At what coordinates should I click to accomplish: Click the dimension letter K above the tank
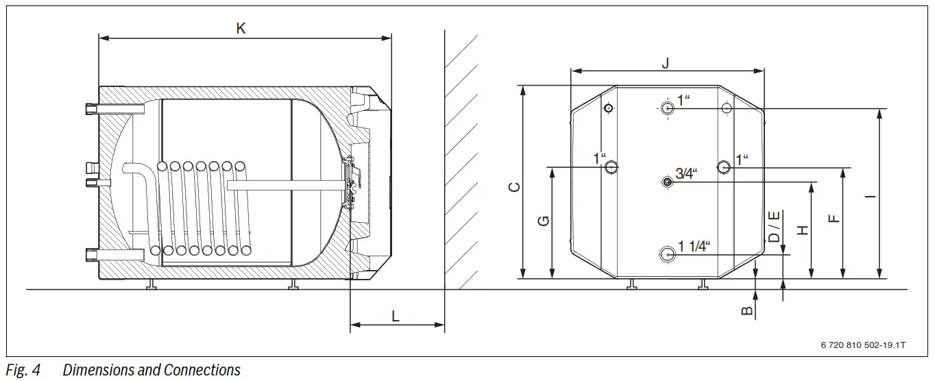tap(241, 28)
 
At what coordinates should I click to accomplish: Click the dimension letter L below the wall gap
tap(396, 316)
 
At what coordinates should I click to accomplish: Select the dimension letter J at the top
tap(665, 62)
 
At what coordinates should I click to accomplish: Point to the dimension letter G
tap(543, 221)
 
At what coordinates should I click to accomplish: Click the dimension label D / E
tap(773, 226)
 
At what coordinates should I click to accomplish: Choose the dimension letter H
tap(803, 230)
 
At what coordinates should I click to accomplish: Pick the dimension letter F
tap(833, 219)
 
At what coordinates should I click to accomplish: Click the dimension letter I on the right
tap(869, 197)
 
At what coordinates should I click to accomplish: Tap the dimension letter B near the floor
tap(747, 310)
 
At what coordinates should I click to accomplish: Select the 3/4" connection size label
tap(685, 174)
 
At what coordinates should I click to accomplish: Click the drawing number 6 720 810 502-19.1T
tap(862, 345)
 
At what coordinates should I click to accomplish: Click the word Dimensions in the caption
tap(98, 371)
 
